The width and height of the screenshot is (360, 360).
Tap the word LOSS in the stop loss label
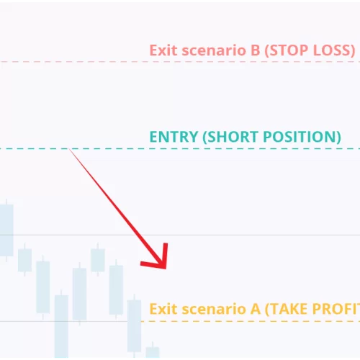(x=333, y=50)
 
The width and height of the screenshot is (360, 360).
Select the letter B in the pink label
(x=256, y=50)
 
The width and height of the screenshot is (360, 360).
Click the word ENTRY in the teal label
(x=174, y=137)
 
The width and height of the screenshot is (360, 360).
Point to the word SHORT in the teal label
(x=231, y=137)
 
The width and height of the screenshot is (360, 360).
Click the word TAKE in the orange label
(x=287, y=309)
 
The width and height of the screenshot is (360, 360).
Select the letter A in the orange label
(x=256, y=309)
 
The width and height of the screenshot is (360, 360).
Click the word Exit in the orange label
(x=163, y=309)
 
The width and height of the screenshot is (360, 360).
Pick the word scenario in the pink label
(x=214, y=51)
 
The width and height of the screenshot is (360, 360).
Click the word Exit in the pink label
(x=163, y=50)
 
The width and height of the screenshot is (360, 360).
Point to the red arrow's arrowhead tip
(x=166, y=269)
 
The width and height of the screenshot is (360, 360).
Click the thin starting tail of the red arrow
(x=69, y=149)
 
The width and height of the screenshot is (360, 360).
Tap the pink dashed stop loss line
(x=180, y=62)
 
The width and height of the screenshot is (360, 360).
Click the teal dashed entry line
(x=180, y=149)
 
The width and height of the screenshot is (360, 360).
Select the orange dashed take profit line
(x=251, y=321)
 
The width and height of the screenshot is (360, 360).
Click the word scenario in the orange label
(x=214, y=310)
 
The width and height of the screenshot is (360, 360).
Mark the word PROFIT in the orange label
(x=336, y=309)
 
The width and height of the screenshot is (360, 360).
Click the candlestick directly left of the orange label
(x=134, y=325)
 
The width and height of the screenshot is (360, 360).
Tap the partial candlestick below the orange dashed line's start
(x=153, y=351)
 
